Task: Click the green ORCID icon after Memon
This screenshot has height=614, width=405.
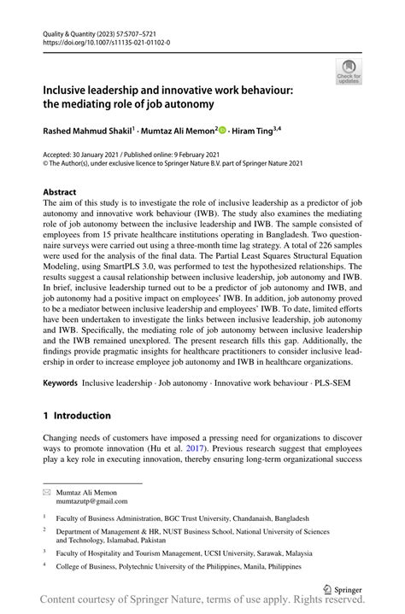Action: (x=222, y=130)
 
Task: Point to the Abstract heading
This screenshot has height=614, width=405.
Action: (x=60, y=192)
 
